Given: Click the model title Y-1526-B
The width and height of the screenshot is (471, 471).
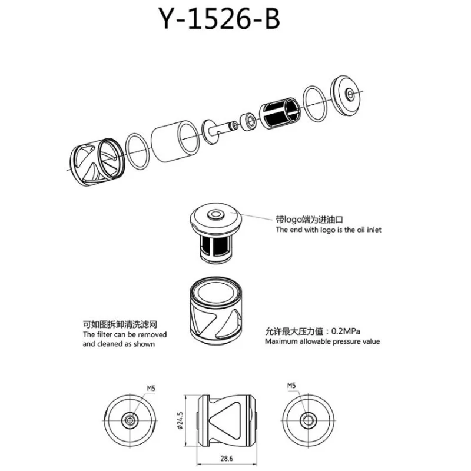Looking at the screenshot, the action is click(219, 19).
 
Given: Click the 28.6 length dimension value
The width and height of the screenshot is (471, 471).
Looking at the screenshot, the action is click(227, 459).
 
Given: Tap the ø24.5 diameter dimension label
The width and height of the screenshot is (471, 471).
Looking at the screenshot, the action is click(180, 420).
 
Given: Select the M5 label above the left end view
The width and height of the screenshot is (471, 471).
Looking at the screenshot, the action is click(151, 389).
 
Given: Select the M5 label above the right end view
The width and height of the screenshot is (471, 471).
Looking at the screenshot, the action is click(291, 386).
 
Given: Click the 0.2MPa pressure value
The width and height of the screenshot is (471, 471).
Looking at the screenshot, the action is click(346, 331).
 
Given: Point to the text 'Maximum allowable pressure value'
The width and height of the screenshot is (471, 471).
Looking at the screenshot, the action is click(322, 341).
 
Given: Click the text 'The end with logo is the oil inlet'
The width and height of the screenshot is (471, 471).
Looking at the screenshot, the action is click(329, 230).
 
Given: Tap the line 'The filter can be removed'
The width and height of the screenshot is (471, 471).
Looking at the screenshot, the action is click(125, 334).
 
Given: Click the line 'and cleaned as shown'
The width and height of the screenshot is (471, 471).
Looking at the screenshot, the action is click(119, 344).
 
